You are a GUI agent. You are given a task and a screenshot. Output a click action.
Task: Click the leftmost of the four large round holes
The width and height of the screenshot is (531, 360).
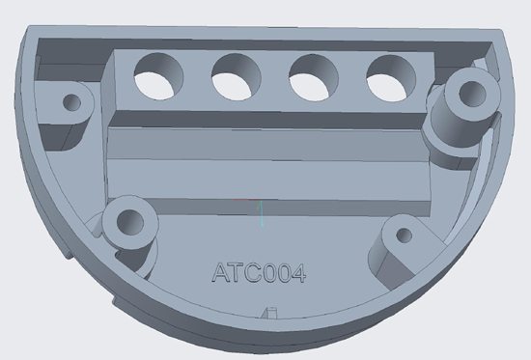[x=158, y=76]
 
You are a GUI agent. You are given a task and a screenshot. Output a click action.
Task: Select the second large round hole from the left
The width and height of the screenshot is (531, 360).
[x=236, y=77]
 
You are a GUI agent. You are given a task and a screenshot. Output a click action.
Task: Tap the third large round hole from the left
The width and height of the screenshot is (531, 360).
[x=314, y=78]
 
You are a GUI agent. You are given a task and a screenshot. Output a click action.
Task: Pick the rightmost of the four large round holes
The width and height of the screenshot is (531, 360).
[x=391, y=79]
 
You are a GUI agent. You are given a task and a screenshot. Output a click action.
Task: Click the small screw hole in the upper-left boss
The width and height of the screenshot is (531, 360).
[x=71, y=102]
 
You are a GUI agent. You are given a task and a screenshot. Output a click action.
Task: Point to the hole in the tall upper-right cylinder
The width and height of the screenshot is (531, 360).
[x=472, y=94]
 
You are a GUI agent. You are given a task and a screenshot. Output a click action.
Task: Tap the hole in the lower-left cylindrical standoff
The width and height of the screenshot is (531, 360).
[x=130, y=222]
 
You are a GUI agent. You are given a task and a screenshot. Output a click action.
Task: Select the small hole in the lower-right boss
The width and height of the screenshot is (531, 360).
[x=404, y=235]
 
